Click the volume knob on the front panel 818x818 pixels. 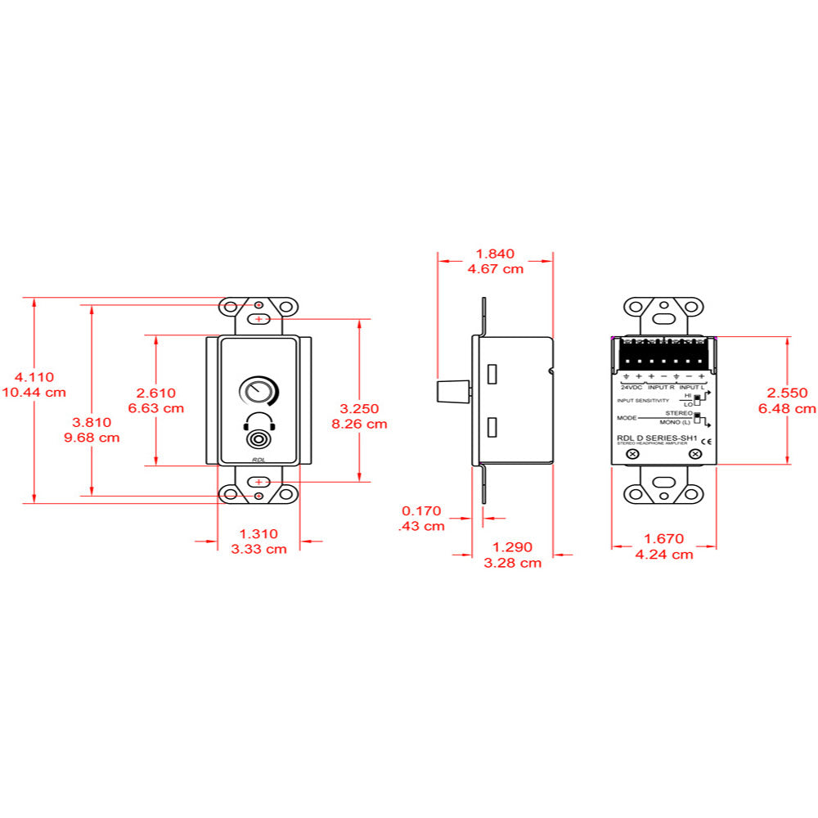click(x=258, y=392)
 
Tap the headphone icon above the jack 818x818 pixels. click(x=258, y=422)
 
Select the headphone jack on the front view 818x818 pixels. click(x=258, y=440)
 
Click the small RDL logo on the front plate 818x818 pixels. click(x=258, y=461)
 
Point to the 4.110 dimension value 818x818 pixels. click(x=34, y=377)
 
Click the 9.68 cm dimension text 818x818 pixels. click(x=92, y=438)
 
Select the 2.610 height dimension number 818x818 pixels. click(x=155, y=393)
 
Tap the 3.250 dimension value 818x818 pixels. click(x=359, y=408)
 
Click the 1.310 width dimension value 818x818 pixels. click(x=258, y=533)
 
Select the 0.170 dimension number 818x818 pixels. click(x=422, y=511)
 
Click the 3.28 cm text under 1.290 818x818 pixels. click(x=513, y=563)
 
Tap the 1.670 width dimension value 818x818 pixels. click(x=664, y=539)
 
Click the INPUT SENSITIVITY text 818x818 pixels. click(x=643, y=401)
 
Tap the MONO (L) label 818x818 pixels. click(x=676, y=422)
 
